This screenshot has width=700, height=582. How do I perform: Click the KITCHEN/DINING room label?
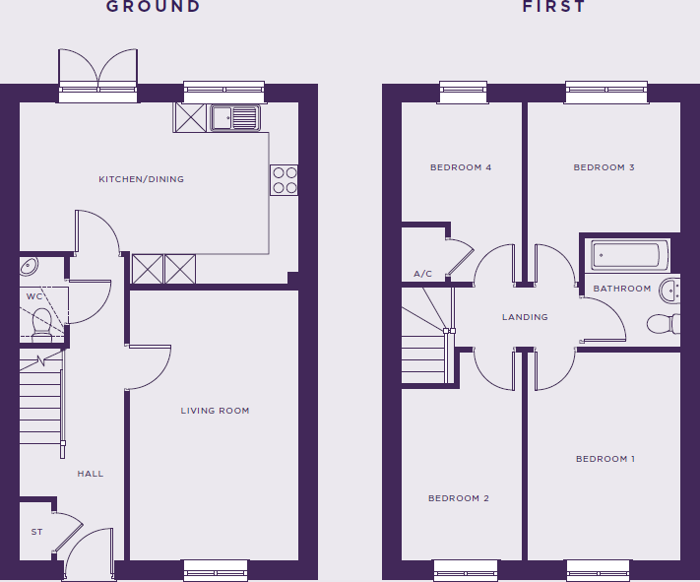(x=141, y=179)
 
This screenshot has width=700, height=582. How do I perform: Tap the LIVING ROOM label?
(x=215, y=411)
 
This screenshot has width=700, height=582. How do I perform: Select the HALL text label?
(x=91, y=474)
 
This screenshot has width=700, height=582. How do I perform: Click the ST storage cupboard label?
(x=36, y=532)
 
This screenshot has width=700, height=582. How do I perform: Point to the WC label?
(x=33, y=295)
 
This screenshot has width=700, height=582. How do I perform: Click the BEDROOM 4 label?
(x=461, y=167)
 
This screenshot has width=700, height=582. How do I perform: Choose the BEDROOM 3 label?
(x=604, y=167)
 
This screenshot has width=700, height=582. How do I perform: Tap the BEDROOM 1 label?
(x=605, y=459)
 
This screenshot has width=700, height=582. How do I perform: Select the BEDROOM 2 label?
(x=458, y=498)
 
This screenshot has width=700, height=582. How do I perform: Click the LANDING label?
(x=525, y=317)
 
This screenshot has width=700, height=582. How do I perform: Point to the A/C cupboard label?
(x=423, y=274)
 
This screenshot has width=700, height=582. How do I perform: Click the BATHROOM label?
(x=621, y=289)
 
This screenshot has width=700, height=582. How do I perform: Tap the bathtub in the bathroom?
(x=629, y=257)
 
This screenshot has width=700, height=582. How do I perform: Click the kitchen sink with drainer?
(x=233, y=118)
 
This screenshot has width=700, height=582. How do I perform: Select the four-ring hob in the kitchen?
(x=285, y=179)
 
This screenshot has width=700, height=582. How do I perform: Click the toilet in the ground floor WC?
(x=41, y=320)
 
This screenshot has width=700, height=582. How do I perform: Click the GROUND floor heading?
(x=153, y=7)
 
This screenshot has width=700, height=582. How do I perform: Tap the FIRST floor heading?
(x=554, y=7)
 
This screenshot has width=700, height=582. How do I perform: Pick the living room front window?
(x=216, y=568)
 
